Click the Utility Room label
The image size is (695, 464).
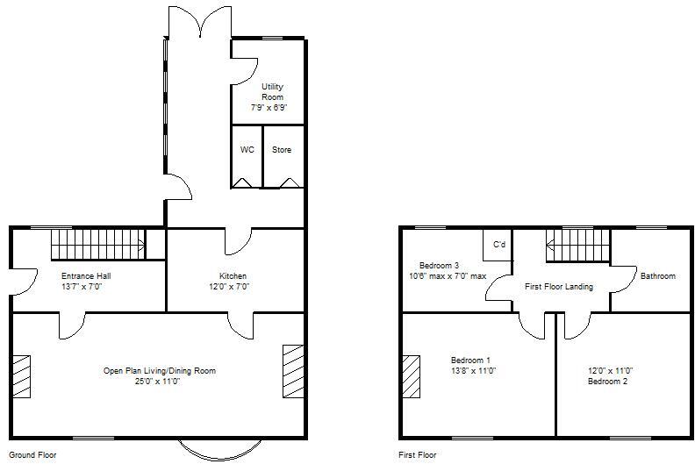click(x=272, y=91)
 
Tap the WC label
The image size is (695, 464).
click(x=247, y=150)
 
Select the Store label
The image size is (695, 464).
click(x=281, y=150)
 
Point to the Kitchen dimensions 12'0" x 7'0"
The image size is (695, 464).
click(x=228, y=286)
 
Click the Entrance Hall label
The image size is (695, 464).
click(x=86, y=275)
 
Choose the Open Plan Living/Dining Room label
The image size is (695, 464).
click(x=159, y=371)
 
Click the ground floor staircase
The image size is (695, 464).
click(x=96, y=243)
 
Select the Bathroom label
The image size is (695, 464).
click(x=657, y=276)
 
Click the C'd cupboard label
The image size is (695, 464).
click(x=499, y=244)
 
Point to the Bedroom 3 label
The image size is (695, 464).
click(x=439, y=265)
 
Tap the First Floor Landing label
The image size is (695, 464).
click(x=559, y=287)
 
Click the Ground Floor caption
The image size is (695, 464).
click(x=32, y=455)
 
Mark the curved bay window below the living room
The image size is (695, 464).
click(x=215, y=450)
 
